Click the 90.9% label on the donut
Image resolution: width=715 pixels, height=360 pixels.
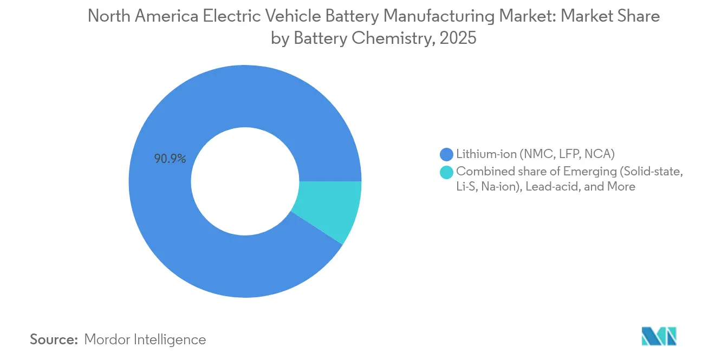click(170, 159)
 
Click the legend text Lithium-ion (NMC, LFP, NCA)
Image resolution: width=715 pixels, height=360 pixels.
click(535, 154)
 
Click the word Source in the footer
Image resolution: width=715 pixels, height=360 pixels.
click(54, 339)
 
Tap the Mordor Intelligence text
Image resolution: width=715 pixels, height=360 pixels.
click(145, 339)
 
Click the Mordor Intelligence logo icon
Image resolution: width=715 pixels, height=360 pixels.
click(659, 336)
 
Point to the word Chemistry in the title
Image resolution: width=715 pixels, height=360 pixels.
click(383, 38)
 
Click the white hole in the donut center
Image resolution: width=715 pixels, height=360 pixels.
click(245, 181)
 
